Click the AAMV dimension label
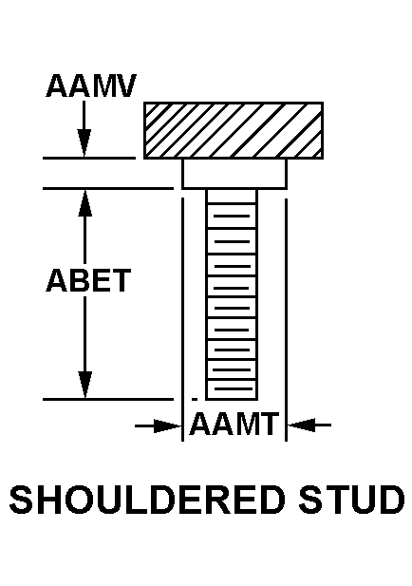[91, 85]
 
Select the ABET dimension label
[88, 280]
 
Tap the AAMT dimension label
[234, 424]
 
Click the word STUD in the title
[352, 500]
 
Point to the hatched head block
[234, 130]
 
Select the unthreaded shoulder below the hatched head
[234, 174]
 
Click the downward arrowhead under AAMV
[84, 143]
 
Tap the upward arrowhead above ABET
[85, 203]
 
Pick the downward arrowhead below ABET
[85, 385]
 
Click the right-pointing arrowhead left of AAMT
[168, 425]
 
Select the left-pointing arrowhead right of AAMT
[301, 425]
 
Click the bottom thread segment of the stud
[232, 389]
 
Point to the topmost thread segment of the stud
[232, 197]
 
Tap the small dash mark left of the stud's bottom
[195, 399]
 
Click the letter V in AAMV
[125, 85]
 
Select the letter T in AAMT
[270, 424]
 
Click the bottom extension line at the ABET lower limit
[108, 400]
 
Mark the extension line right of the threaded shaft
[286, 320]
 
